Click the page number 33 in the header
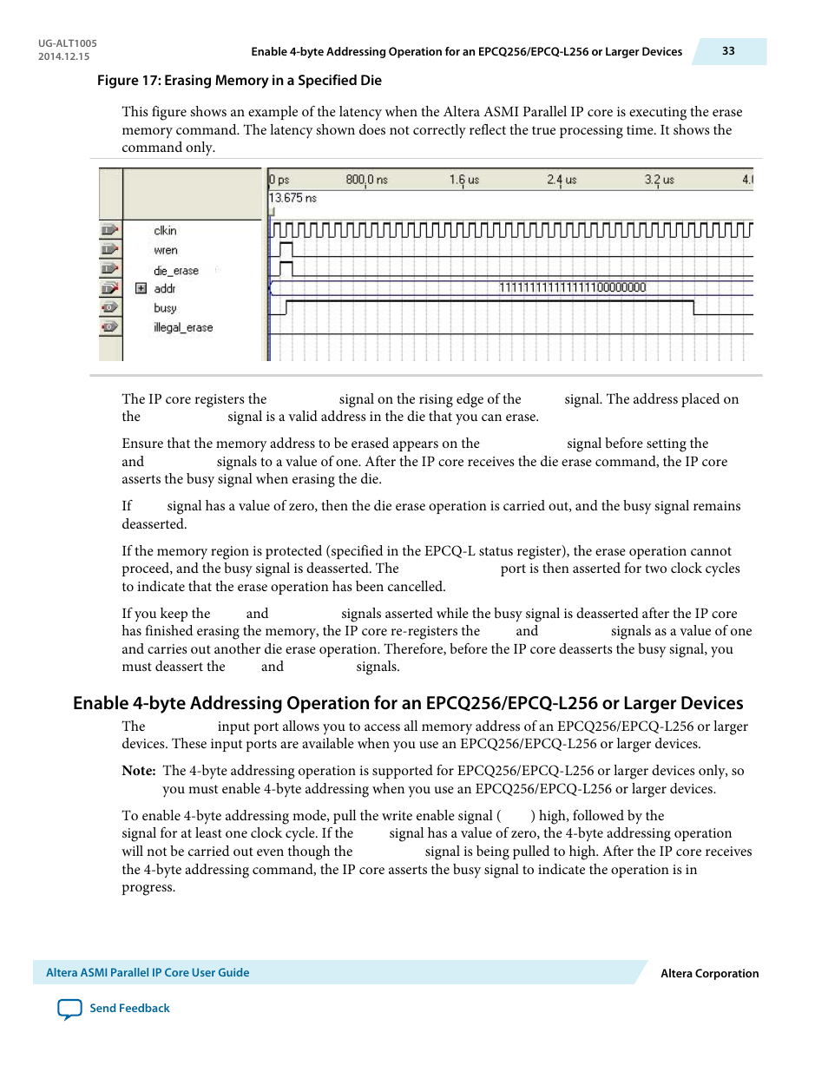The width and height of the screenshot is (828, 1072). pyautogui.click(x=728, y=51)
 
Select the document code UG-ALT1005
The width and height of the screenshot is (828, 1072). pyautogui.click(x=68, y=43)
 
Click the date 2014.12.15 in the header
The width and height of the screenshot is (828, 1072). pyautogui.click(x=63, y=56)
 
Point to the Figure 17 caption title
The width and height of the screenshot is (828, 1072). pyautogui.click(x=239, y=81)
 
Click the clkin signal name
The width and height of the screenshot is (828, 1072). pyautogui.click(x=165, y=231)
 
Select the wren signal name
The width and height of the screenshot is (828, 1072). pyautogui.click(x=165, y=251)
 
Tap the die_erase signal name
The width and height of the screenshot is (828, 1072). pyautogui.click(x=176, y=271)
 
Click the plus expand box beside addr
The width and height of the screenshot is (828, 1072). pyautogui.click(x=141, y=288)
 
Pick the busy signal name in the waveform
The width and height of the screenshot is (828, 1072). pyautogui.click(x=165, y=308)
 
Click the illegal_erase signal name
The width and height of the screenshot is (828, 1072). pyautogui.click(x=183, y=328)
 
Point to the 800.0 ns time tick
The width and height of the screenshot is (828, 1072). pyautogui.click(x=366, y=181)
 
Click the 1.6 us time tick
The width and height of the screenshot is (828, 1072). pyautogui.click(x=463, y=181)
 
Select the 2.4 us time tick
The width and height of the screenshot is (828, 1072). pyautogui.click(x=561, y=181)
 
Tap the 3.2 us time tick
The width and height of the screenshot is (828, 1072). pyautogui.click(x=659, y=181)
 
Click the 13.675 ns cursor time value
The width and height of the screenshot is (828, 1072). pyautogui.click(x=292, y=199)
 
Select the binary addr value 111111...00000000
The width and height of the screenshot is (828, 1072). pyautogui.click(x=572, y=288)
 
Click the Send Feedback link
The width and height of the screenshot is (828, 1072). pyautogui.click(x=129, y=1009)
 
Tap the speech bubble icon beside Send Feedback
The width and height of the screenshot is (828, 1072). pyautogui.click(x=69, y=1009)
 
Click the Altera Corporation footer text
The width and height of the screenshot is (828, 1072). pyautogui.click(x=709, y=974)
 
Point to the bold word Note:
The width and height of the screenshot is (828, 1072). pyautogui.click(x=139, y=771)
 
